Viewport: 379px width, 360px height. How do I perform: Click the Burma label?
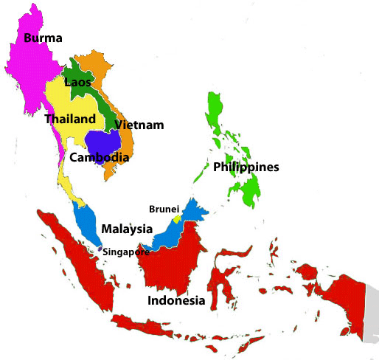coord(43,38)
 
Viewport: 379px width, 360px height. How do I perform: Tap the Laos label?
coord(77,82)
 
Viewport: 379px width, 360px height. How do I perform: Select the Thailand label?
coord(70,119)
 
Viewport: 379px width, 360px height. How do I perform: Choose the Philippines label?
coord(246,167)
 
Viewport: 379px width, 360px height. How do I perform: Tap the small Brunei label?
coord(164,209)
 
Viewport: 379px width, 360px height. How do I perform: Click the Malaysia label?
coord(127,229)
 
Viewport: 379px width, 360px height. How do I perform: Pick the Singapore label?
coord(125,252)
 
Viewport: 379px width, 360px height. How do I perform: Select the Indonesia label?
coord(175,301)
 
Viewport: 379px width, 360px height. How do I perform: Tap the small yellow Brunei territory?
coord(177,219)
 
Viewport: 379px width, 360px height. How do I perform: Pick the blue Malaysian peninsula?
coord(88,225)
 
